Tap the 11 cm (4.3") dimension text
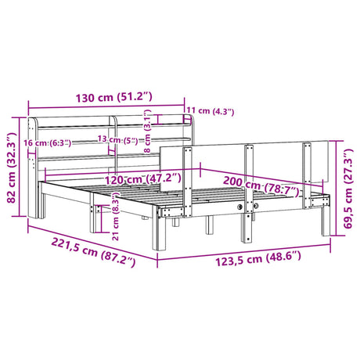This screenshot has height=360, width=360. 211,111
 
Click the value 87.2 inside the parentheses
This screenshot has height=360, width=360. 109,256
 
